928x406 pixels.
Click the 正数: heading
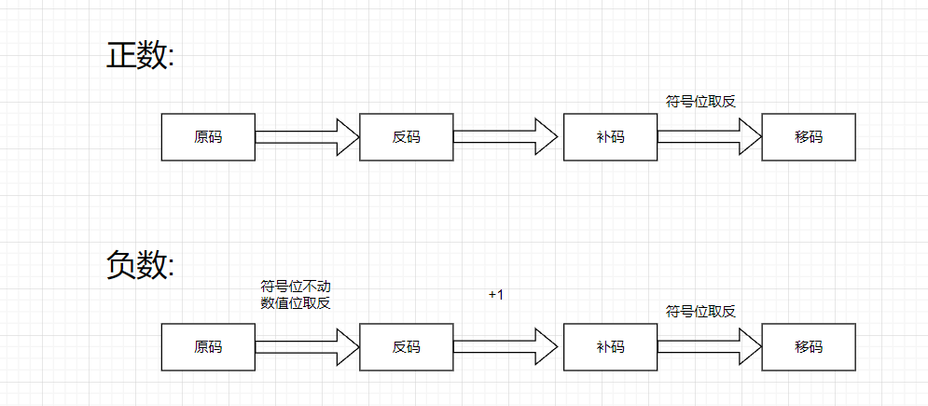coord(140,55)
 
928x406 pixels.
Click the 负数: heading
coord(140,265)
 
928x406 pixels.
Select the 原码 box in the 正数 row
coord(208,137)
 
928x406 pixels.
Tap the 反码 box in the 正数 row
coord(406,137)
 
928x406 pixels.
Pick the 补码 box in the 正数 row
coord(610,137)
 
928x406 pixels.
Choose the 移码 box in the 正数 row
coord(809,137)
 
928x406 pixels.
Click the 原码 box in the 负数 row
coord(208,347)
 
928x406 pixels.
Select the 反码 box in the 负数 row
coord(406,347)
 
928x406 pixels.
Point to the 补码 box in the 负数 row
coord(610,347)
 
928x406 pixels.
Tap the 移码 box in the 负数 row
coord(809,347)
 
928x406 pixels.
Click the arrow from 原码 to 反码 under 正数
coord(307,137)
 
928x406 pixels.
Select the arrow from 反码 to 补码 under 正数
coord(506,137)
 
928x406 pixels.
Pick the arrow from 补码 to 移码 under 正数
coord(709,137)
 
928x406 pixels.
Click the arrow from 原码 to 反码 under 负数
coord(307,347)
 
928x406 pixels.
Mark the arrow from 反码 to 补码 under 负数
coord(506,347)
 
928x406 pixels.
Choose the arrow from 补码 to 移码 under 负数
coord(709,347)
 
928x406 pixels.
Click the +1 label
coord(495,295)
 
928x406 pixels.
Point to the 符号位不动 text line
coord(296,286)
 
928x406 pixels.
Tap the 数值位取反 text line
coord(296,302)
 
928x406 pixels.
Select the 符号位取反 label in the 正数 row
coord(700,102)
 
